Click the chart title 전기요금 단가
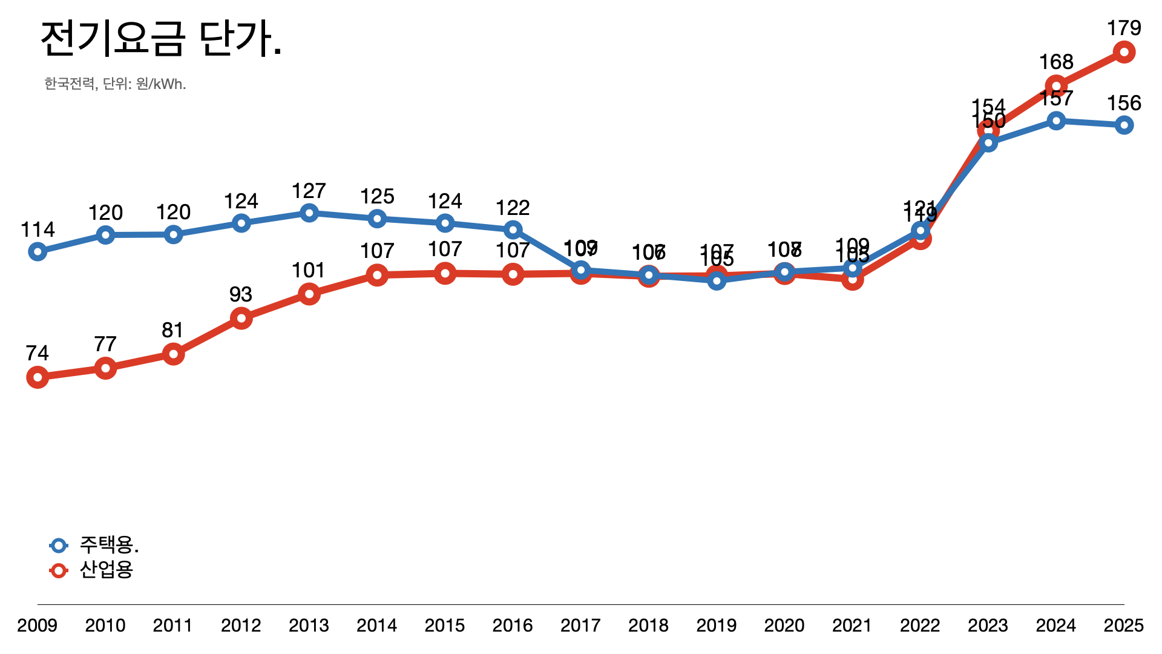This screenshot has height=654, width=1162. [x=161, y=39]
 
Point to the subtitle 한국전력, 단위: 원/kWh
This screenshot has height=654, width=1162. [x=115, y=84]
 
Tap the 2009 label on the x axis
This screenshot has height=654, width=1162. [x=37, y=625]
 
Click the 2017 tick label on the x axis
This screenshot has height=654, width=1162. [x=580, y=625]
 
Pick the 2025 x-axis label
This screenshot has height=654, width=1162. [x=1123, y=625]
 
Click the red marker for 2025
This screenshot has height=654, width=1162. [x=1124, y=52]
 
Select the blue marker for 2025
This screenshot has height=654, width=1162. [x=1124, y=125]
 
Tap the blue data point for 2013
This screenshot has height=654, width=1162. [x=309, y=213]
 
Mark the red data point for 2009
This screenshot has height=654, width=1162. [x=38, y=378]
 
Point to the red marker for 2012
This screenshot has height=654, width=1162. [x=241, y=318]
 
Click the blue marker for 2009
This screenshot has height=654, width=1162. [x=38, y=252]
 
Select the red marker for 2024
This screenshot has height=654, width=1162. [x=1056, y=87]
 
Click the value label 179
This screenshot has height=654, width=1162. [x=1124, y=28]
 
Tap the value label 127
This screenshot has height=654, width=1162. [x=309, y=191]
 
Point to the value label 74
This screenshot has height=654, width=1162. [x=38, y=353]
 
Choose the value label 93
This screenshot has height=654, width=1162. [x=240, y=294]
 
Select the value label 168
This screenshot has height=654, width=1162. [x=1056, y=62]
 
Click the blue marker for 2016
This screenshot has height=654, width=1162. [x=513, y=230]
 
